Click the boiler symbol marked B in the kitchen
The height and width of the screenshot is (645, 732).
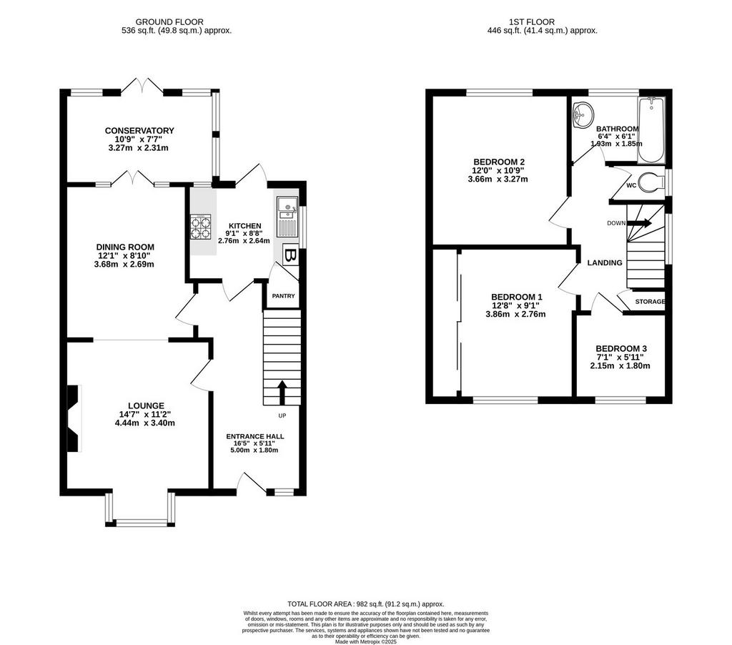point(290,255)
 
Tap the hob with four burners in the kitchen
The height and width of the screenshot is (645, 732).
point(200,227)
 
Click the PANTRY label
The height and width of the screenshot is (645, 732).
point(283,295)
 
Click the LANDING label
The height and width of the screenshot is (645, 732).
point(605,263)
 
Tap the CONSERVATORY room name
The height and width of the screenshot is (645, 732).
point(139,131)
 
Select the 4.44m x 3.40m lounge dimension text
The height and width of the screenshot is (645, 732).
point(144,423)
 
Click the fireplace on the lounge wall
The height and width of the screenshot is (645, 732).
point(74,418)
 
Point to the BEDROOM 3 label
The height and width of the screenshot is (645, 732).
point(621,349)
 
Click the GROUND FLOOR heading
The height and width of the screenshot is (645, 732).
point(169,22)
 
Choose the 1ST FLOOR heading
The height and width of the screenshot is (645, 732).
point(532,22)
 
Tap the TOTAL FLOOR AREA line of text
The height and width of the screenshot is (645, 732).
point(365,604)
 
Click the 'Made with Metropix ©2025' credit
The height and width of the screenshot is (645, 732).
point(365,642)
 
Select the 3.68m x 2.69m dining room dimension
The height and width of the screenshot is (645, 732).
point(124,265)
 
